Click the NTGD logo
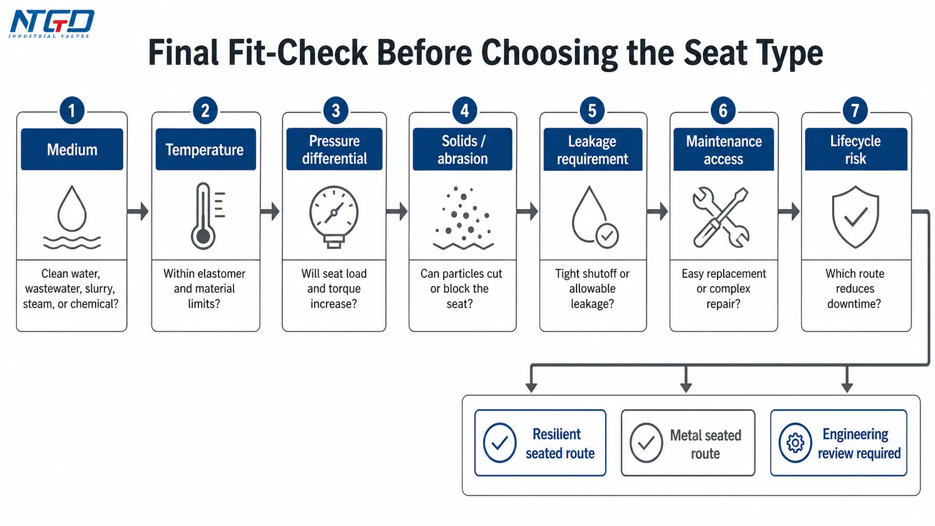[x=52, y=24]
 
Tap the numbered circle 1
[x=72, y=111]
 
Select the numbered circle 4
[x=465, y=111]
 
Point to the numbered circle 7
[x=855, y=111]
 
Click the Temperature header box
[x=205, y=149]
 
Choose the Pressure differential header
[x=334, y=149]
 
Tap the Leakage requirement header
[x=593, y=149]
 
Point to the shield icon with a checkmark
[x=855, y=217]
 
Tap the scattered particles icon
[x=464, y=218]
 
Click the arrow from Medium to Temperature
[x=138, y=211]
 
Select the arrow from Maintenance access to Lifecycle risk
[x=789, y=211]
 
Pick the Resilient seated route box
[x=540, y=443]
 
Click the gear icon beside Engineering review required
[x=795, y=443]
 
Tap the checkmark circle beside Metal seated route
[x=646, y=443]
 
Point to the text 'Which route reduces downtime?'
[x=854, y=288]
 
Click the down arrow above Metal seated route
[x=686, y=379]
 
